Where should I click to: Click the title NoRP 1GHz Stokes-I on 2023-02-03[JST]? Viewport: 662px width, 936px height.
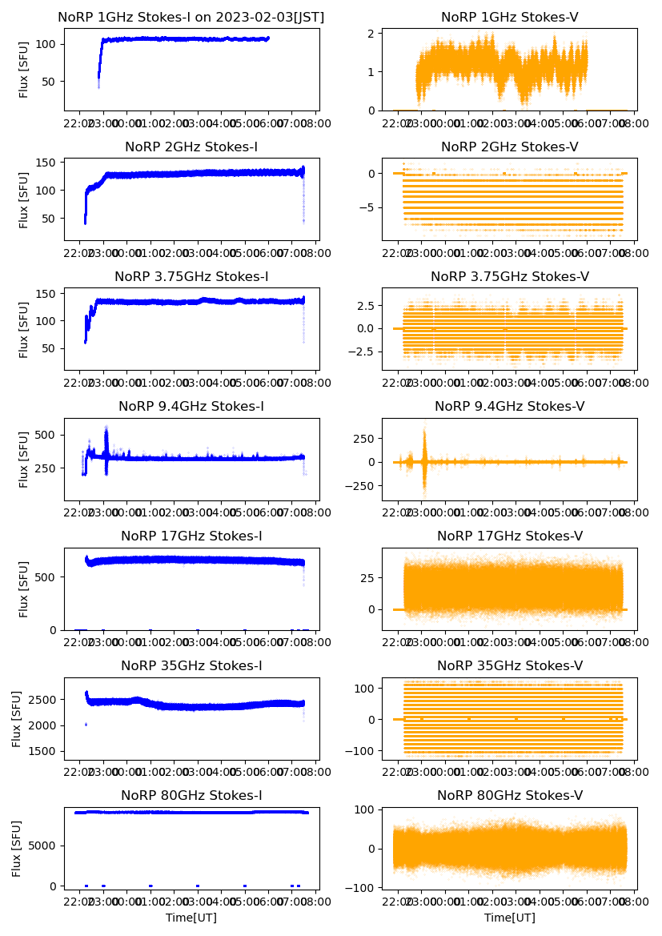coord(191,18)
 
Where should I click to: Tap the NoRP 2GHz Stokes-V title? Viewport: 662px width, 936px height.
coord(509,147)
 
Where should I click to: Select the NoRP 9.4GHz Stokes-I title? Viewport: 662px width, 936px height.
coord(191,407)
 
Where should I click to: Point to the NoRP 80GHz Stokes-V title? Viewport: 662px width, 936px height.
coord(509,796)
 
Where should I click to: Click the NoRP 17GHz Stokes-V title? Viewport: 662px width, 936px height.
coord(509,536)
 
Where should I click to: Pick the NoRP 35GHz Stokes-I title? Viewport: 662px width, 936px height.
coord(191,666)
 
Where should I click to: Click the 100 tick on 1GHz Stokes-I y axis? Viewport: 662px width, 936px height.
coord(46,43)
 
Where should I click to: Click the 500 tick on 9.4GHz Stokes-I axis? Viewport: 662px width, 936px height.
coord(46,435)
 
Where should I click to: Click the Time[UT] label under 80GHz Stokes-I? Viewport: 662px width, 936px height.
coord(191,918)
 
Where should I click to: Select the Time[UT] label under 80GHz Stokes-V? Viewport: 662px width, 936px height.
coord(509,918)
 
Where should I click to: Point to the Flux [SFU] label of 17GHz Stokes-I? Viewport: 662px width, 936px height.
coord(23,589)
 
